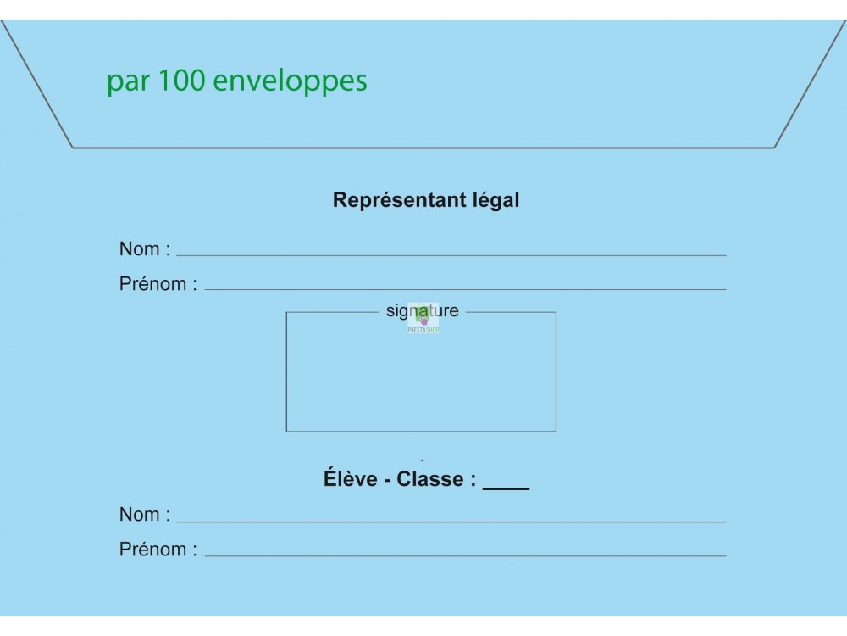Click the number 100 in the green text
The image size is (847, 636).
(181, 80)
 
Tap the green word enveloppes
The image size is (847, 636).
(290, 81)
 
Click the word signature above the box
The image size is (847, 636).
(423, 311)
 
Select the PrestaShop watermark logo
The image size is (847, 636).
(423, 319)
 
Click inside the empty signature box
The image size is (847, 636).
(421, 378)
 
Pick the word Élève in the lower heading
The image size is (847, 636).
(350, 478)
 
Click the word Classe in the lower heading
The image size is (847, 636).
(430, 479)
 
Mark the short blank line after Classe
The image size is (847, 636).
(507, 489)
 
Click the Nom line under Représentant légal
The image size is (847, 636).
(451, 255)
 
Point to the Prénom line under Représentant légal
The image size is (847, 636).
(466, 289)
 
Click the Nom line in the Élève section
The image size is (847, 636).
(451, 522)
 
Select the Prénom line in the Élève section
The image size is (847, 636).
(466, 555)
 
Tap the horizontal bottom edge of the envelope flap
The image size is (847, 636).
(423, 147)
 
